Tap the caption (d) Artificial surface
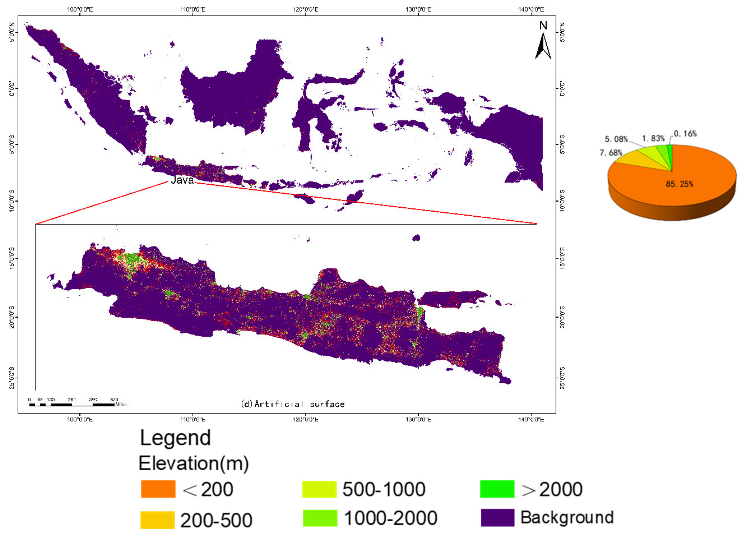(293, 404)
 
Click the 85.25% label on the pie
(679, 184)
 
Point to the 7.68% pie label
(611, 153)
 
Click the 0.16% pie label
(685, 134)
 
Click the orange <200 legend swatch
(158, 489)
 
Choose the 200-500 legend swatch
(157, 520)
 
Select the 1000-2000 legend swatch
(320, 518)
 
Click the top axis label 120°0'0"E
(305, 9)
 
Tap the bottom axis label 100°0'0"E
(80, 420)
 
